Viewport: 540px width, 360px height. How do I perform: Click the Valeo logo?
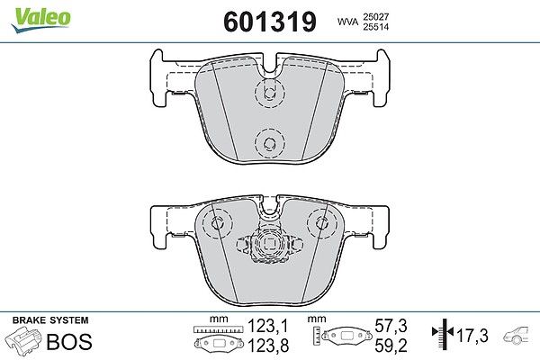pyautogui.click(x=41, y=20)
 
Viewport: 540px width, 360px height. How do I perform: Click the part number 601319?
pyautogui.click(x=270, y=22)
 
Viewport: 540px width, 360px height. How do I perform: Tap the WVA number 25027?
pyautogui.click(x=375, y=16)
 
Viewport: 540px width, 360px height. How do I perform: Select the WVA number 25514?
pyautogui.click(x=375, y=27)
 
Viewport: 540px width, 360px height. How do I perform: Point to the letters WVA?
pyautogui.click(x=347, y=22)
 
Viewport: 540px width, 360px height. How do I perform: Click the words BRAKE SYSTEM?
pyautogui.click(x=50, y=320)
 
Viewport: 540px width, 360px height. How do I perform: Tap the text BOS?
pyautogui.click(x=69, y=341)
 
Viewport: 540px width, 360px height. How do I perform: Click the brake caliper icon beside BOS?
pyautogui.click(x=23, y=339)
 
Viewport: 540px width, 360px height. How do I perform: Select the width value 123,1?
pyautogui.click(x=268, y=326)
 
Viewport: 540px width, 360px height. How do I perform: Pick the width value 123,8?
pyautogui.click(x=268, y=346)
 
